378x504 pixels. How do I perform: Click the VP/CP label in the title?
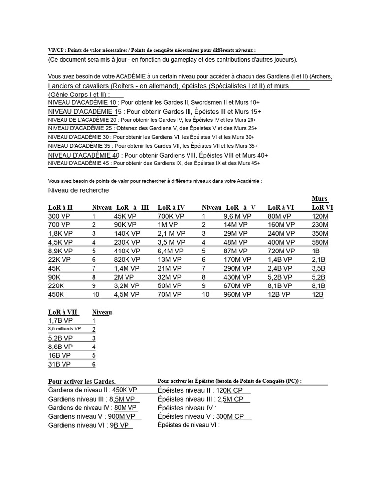click(x=56, y=50)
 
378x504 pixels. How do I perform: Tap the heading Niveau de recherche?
click(x=79, y=190)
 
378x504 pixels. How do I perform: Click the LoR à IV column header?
click(x=171, y=207)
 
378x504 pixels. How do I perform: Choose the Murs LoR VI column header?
click(x=322, y=203)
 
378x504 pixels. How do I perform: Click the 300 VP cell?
click(x=60, y=216)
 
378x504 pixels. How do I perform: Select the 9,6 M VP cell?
click(x=237, y=216)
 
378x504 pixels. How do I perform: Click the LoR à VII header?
click(x=63, y=312)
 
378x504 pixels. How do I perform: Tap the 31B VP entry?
click(x=60, y=364)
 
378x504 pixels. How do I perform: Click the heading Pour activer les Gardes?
click(x=82, y=381)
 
